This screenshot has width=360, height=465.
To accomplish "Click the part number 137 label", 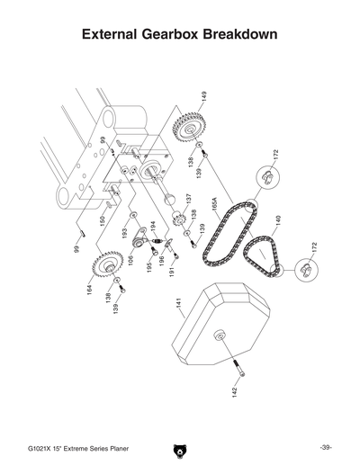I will pyautogui.click(x=188, y=199).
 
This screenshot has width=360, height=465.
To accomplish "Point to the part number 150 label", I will pyautogui.click(x=103, y=219).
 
